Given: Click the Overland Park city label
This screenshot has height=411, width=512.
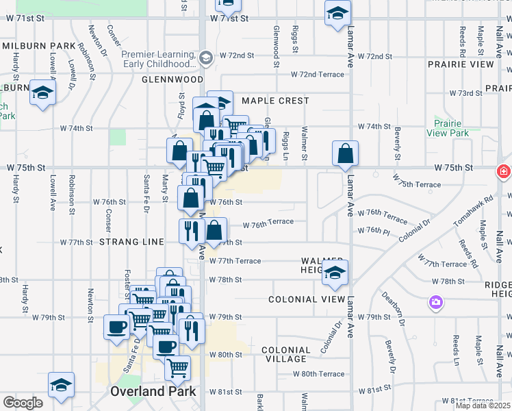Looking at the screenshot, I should [153, 392].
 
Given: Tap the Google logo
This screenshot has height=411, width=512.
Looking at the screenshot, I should [23, 403].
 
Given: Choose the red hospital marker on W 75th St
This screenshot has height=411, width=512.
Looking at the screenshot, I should [505, 171].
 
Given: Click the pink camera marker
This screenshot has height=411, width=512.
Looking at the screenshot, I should [435, 301].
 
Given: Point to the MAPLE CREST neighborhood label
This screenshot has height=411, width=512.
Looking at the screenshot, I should [275, 101].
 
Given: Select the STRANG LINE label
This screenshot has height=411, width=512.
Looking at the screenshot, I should [131, 242].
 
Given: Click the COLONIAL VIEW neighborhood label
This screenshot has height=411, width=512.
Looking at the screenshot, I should [302, 299].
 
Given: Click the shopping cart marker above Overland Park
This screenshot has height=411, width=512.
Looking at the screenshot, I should [177, 368].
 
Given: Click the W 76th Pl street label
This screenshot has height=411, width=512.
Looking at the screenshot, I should [373, 230].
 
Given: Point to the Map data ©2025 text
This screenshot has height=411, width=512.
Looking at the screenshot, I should [483, 406].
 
